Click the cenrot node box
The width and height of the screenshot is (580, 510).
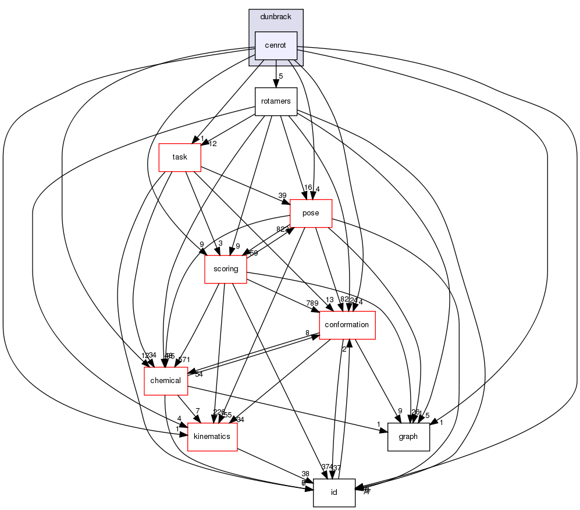tap(276, 45)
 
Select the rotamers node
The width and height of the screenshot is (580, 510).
tap(276, 102)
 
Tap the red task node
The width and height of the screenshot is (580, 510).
tap(180, 157)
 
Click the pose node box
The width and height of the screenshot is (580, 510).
tap(311, 213)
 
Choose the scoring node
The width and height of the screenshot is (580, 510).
tap(225, 269)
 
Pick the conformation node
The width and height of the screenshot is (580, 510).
tap(347, 324)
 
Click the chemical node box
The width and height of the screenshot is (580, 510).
tap(166, 381)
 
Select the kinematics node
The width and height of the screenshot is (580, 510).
tap(212, 436)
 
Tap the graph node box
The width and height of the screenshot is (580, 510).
tap(408, 436)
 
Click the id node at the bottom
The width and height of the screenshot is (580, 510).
tap(334, 493)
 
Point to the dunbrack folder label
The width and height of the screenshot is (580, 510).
tap(276, 17)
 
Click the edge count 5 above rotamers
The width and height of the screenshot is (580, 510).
tap(280, 76)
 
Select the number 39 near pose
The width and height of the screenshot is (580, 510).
tap(282, 195)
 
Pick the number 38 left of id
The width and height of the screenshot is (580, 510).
tap(306, 474)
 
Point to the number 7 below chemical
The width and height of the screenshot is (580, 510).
tap(198, 412)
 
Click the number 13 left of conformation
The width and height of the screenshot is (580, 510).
tap(329, 300)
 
